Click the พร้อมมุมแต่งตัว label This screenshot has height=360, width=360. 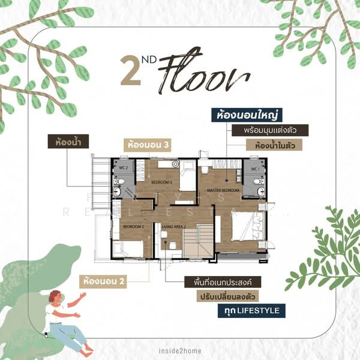[x=268, y=130]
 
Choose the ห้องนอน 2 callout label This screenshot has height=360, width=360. [x=104, y=280]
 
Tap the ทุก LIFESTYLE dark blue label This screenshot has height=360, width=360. [x=251, y=311]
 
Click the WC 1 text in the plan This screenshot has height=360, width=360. [x=254, y=169]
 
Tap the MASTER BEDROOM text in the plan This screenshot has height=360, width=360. [x=223, y=190]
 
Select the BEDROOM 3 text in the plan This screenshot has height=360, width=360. [x=162, y=182]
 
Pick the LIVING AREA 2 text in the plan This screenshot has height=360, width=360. [x=174, y=226]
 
